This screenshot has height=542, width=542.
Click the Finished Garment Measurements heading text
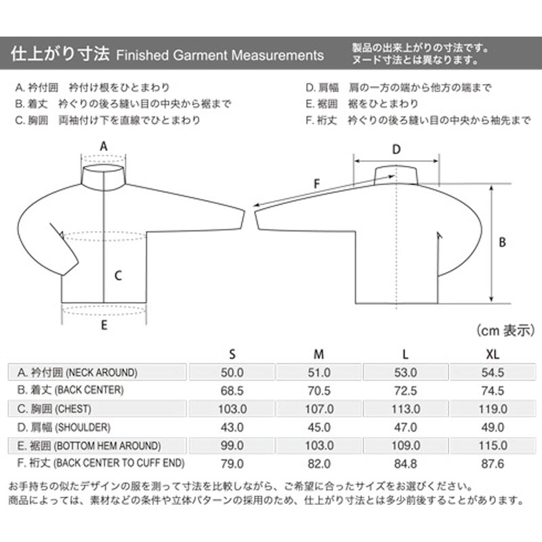(220, 55)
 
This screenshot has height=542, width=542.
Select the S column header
(232, 354)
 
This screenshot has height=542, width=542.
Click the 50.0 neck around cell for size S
(232, 373)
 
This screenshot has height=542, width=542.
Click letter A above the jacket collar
(104, 146)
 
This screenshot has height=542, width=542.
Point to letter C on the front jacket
(117, 276)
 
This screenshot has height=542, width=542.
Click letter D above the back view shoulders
(397, 149)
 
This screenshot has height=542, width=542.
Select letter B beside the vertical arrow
(502, 242)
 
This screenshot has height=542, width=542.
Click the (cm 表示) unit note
(502, 331)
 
